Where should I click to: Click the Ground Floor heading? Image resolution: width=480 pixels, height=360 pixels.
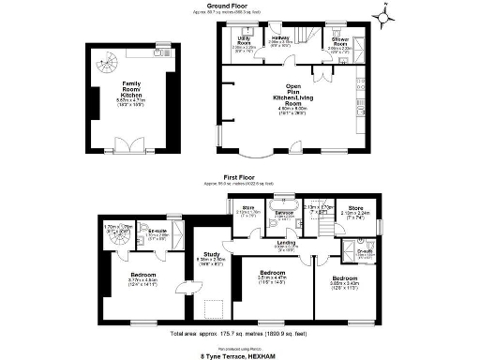coord(238,5)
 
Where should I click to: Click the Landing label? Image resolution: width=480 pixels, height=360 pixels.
coord(286,245)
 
